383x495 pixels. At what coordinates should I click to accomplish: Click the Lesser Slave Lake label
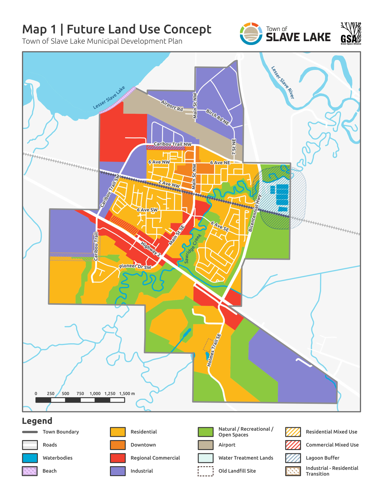click(109, 98)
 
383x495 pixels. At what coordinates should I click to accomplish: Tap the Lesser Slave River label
click(283, 82)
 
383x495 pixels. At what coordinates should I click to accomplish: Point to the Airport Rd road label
click(172, 106)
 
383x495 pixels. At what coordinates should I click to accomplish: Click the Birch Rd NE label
click(217, 117)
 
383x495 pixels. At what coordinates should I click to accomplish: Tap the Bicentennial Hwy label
click(255, 213)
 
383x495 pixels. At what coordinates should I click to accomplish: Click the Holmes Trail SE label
click(214, 350)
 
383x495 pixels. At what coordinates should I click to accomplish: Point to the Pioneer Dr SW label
click(135, 266)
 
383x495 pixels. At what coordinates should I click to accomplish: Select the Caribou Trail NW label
click(172, 144)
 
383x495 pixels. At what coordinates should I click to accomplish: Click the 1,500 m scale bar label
click(127, 394)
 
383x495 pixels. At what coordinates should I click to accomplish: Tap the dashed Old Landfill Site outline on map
click(208, 345)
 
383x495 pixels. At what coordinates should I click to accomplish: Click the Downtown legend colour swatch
click(118, 445)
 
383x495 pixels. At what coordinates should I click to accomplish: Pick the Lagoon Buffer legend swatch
click(293, 458)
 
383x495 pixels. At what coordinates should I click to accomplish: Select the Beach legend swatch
click(29, 471)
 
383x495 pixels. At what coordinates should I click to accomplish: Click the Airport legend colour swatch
click(205, 445)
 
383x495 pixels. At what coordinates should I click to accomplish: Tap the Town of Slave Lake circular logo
click(251, 34)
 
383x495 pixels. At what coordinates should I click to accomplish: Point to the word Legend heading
click(37, 421)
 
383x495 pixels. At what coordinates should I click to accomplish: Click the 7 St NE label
click(234, 147)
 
